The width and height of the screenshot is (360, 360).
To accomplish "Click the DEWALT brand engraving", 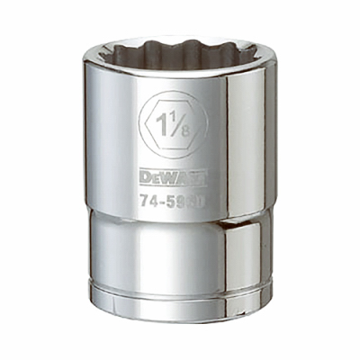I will (172, 175).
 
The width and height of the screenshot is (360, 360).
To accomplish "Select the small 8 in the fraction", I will (184, 130).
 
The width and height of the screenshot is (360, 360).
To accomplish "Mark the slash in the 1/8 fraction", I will (180, 122).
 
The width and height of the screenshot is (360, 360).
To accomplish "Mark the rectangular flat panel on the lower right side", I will (247, 256).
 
